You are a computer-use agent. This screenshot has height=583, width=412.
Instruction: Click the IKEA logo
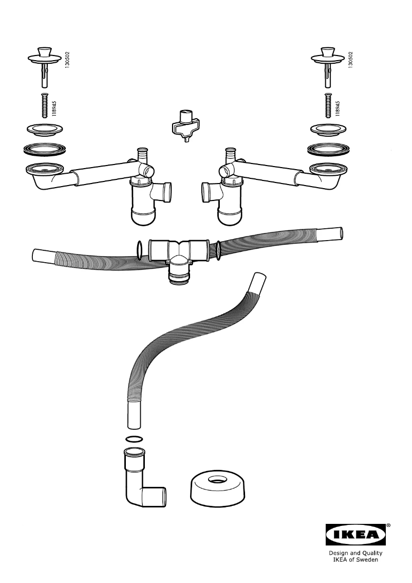tap(356, 534)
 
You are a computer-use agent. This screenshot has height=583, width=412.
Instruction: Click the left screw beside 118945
tap(44, 105)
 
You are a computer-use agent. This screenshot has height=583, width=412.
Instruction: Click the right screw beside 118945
tap(328, 105)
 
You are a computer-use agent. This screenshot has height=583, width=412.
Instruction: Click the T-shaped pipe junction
tap(179, 260)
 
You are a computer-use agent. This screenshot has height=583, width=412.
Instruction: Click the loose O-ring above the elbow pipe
tap(134, 439)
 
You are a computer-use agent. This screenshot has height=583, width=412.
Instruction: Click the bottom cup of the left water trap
tap(143, 217)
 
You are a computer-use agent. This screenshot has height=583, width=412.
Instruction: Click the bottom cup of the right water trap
tap(229, 217)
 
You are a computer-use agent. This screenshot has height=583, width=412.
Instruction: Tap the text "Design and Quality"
tap(355, 553)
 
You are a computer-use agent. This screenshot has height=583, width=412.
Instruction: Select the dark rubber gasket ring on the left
tap(45, 150)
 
